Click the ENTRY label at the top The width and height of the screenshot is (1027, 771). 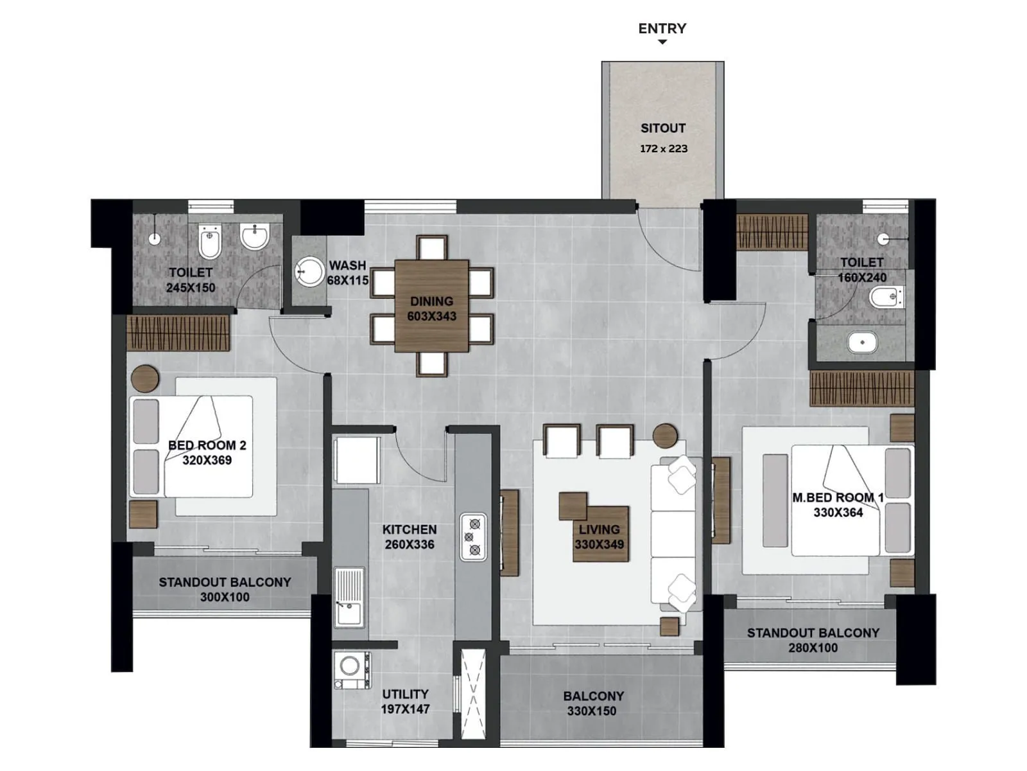662,29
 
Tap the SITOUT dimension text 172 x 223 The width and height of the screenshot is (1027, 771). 663,148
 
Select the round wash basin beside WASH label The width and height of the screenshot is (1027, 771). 310,272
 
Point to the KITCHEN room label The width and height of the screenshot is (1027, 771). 410,529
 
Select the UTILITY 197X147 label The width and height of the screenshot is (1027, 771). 405,702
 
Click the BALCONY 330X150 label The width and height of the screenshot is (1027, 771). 592,704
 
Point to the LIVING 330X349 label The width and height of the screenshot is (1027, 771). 599,536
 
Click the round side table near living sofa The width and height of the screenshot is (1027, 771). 665,436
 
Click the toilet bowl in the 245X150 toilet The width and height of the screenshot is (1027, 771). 210,242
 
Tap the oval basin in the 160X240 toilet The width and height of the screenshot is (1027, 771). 862,342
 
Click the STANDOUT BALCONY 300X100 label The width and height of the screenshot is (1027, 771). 225,589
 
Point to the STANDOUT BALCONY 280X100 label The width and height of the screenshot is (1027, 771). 813,640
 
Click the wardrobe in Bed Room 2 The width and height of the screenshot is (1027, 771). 178,332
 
